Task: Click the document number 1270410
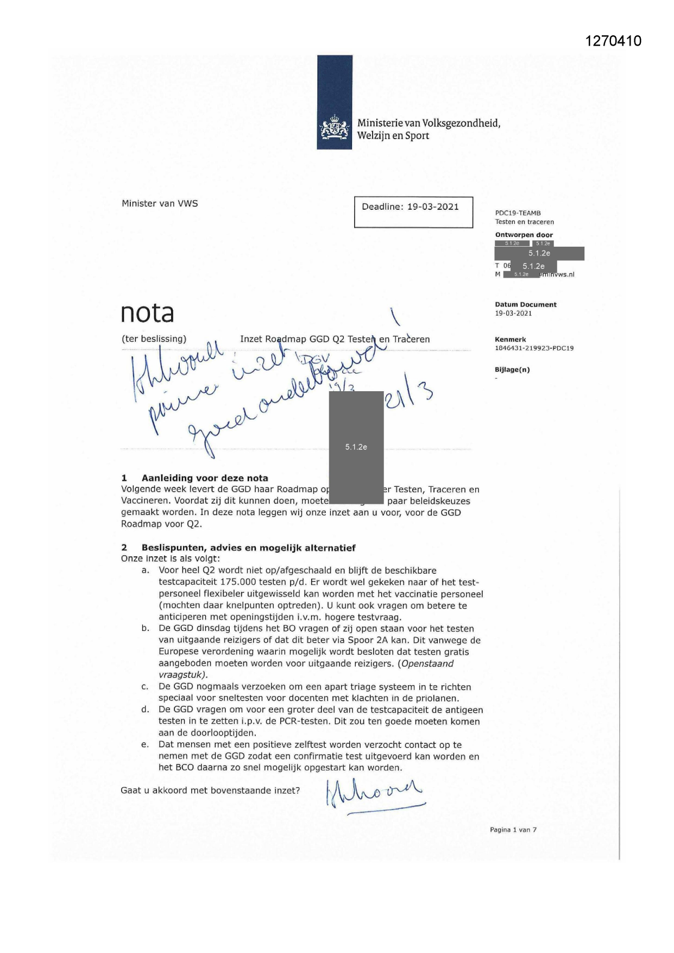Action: (x=613, y=41)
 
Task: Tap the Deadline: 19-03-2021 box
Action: (x=413, y=212)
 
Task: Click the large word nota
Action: (x=147, y=313)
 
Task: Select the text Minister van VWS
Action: (x=160, y=204)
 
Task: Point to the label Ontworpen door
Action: (x=524, y=235)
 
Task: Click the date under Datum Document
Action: (x=513, y=314)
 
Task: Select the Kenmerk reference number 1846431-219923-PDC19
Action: (x=534, y=348)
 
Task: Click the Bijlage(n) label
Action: (x=512, y=370)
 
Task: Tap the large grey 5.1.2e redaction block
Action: (x=356, y=447)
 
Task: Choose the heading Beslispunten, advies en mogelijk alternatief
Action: (x=248, y=548)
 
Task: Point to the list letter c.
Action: (x=145, y=687)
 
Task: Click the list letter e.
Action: (x=145, y=745)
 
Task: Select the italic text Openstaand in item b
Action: (x=427, y=663)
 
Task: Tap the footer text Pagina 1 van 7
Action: (x=513, y=830)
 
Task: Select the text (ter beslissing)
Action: (x=154, y=339)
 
